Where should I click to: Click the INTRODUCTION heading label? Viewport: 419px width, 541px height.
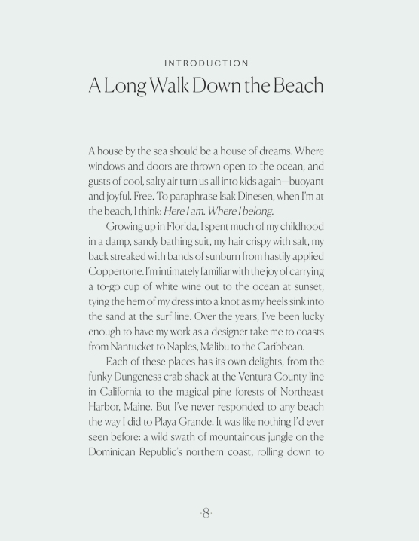coord(209,63)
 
